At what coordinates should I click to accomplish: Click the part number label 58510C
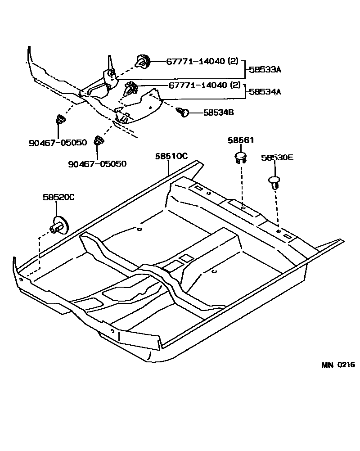tap(171, 156)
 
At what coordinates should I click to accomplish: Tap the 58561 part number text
tap(240, 140)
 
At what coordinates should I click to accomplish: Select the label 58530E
tap(277, 158)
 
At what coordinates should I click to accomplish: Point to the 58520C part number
tap(58, 197)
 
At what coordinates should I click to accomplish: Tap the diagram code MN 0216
tap(337, 365)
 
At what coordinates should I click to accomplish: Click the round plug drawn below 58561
tap(241, 157)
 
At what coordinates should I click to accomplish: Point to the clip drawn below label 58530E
tap(274, 182)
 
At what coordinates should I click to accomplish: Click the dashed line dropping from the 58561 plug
tap(242, 185)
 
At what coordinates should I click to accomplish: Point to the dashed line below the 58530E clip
tap(276, 207)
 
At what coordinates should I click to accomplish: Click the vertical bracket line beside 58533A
tap(245, 70)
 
